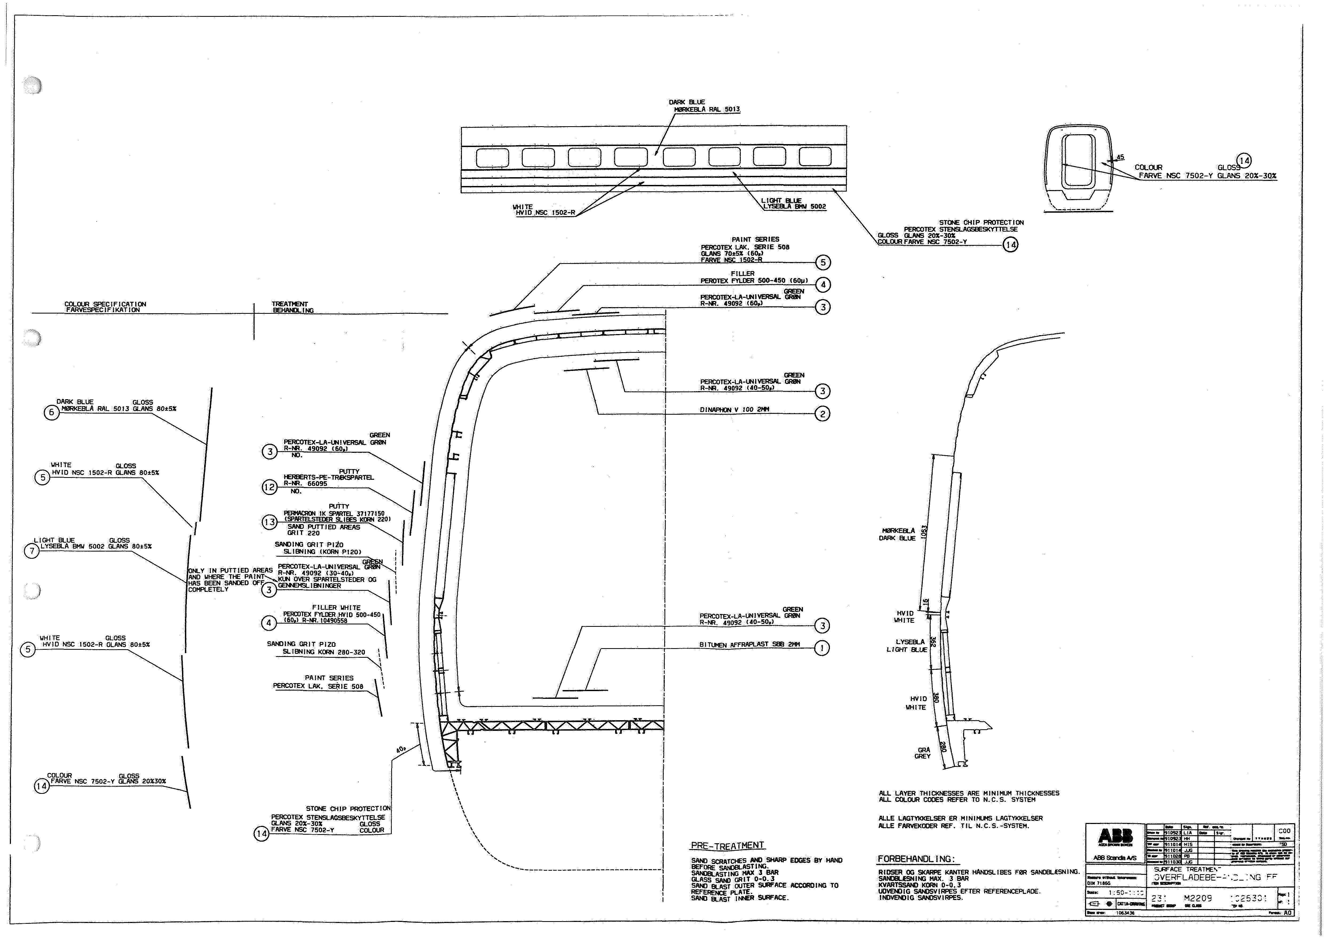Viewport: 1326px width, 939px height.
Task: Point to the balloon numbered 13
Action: point(270,522)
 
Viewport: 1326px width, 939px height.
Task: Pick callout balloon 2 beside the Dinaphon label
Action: point(822,414)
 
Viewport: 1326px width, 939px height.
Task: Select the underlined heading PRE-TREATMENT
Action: point(727,845)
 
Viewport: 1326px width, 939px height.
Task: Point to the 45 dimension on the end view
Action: point(1120,157)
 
